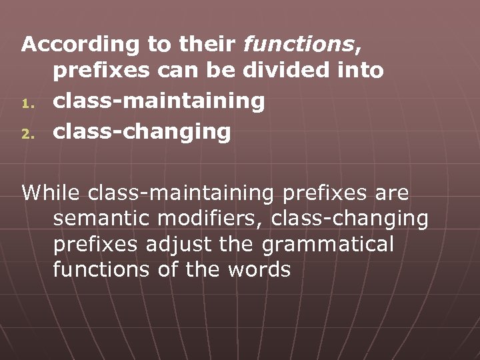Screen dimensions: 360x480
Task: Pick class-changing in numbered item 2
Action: pos(142,131)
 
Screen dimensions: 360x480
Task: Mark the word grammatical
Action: pos(329,245)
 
